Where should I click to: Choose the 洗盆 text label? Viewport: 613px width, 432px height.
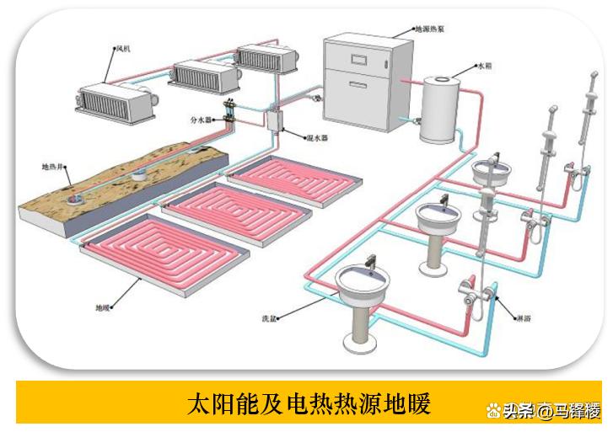pos(268,319)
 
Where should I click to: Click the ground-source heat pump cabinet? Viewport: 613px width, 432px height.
pos(363,81)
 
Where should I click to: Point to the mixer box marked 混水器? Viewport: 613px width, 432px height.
pos(273,121)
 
